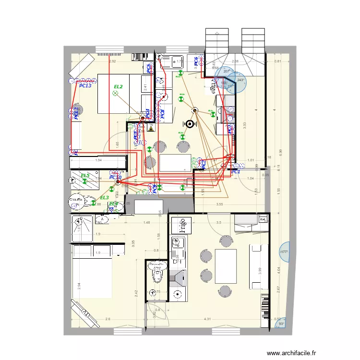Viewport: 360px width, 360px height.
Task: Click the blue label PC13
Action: [x=85, y=86]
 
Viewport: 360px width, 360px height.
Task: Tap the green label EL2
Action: [x=118, y=87]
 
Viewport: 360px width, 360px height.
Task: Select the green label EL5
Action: [x=85, y=176]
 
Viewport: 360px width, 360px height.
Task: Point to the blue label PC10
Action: [x=115, y=178]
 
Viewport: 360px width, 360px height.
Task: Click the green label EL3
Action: [x=104, y=198]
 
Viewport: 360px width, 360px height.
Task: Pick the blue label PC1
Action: [x=236, y=171]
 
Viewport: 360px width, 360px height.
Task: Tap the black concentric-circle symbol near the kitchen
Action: [x=190, y=124]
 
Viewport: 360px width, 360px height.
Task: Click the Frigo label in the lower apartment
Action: [x=181, y=226]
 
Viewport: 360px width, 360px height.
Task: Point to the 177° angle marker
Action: [x=284, y=252]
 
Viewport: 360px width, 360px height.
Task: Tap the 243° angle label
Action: [x=240, y=80]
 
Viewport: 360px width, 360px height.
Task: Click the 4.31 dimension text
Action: [x=207, y=319]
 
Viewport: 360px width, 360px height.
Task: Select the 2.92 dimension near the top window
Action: [x=112, y=61]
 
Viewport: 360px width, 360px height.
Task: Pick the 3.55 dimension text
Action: [x=219, y=205]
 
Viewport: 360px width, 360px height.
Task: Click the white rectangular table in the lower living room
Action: [x=226, y=266]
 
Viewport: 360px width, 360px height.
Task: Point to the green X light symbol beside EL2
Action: [x=115, y=94]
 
